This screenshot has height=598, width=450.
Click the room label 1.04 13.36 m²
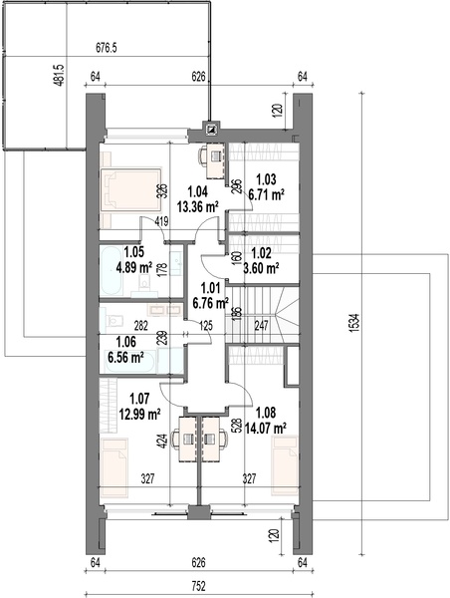198,198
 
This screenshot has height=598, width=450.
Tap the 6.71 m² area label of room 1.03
267,194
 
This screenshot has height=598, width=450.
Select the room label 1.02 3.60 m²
261,261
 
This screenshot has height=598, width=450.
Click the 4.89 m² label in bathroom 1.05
134,267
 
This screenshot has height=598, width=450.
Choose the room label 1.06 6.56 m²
125,350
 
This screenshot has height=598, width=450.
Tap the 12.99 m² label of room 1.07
139,414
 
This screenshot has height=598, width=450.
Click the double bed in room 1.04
130,189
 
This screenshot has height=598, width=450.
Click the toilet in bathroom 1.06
113,320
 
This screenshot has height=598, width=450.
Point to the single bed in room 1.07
114,467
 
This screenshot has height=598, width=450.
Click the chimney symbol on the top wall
211,130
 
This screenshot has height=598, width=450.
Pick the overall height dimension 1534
354,323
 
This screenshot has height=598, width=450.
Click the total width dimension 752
198,586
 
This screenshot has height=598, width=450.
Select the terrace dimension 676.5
106,48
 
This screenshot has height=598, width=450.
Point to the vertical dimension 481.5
60,75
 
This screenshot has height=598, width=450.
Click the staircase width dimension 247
262,326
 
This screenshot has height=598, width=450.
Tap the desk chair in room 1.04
203,156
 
